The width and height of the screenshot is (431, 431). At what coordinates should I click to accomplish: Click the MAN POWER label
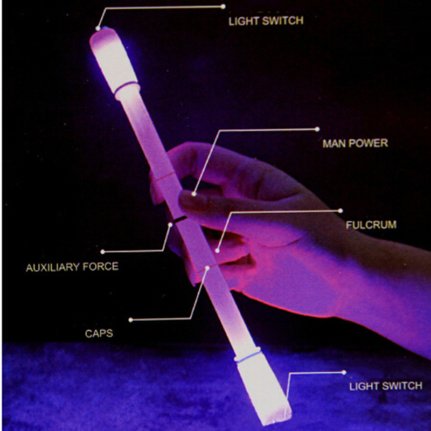355,143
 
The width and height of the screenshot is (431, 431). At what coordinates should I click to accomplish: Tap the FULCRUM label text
371,225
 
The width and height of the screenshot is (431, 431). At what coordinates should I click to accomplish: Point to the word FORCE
101,267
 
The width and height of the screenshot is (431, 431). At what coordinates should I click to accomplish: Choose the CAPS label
99,333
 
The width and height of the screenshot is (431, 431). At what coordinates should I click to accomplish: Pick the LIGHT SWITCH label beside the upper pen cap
266,21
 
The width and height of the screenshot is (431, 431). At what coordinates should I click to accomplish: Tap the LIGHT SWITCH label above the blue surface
386,386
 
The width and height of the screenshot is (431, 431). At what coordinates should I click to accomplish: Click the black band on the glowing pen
180,219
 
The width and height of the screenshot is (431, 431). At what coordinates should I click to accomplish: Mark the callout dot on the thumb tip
194,194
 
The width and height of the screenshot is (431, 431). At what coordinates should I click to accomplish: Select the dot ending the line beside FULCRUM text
340,211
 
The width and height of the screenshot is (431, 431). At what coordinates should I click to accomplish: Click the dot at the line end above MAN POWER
317,129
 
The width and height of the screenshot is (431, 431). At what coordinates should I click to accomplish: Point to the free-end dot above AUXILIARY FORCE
102,252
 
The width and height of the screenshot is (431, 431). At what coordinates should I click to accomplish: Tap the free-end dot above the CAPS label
131,319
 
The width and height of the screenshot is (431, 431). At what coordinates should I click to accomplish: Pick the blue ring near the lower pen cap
247,356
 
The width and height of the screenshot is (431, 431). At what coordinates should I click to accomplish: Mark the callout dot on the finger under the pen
217,251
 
